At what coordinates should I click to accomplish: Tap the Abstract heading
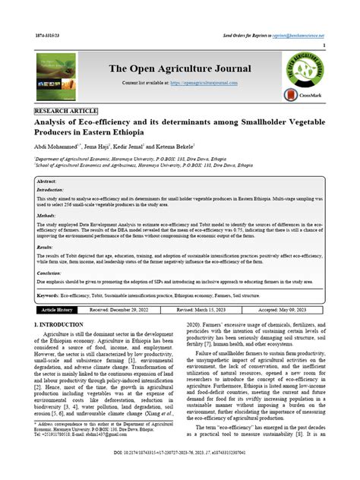pyautogui.click(x=47, y=182)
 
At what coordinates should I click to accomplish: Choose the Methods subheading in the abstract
pyautogui.click(x=47, y=216)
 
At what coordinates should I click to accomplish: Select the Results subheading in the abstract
pyautogui.click(x=46, y=248)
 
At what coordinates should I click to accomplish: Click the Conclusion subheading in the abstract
pyautogui.click(x=50, y=273)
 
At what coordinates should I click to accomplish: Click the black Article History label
pyautogui.click(x=57, y=310)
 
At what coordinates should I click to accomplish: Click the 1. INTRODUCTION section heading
pyautogui.click(x=65, y=324)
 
